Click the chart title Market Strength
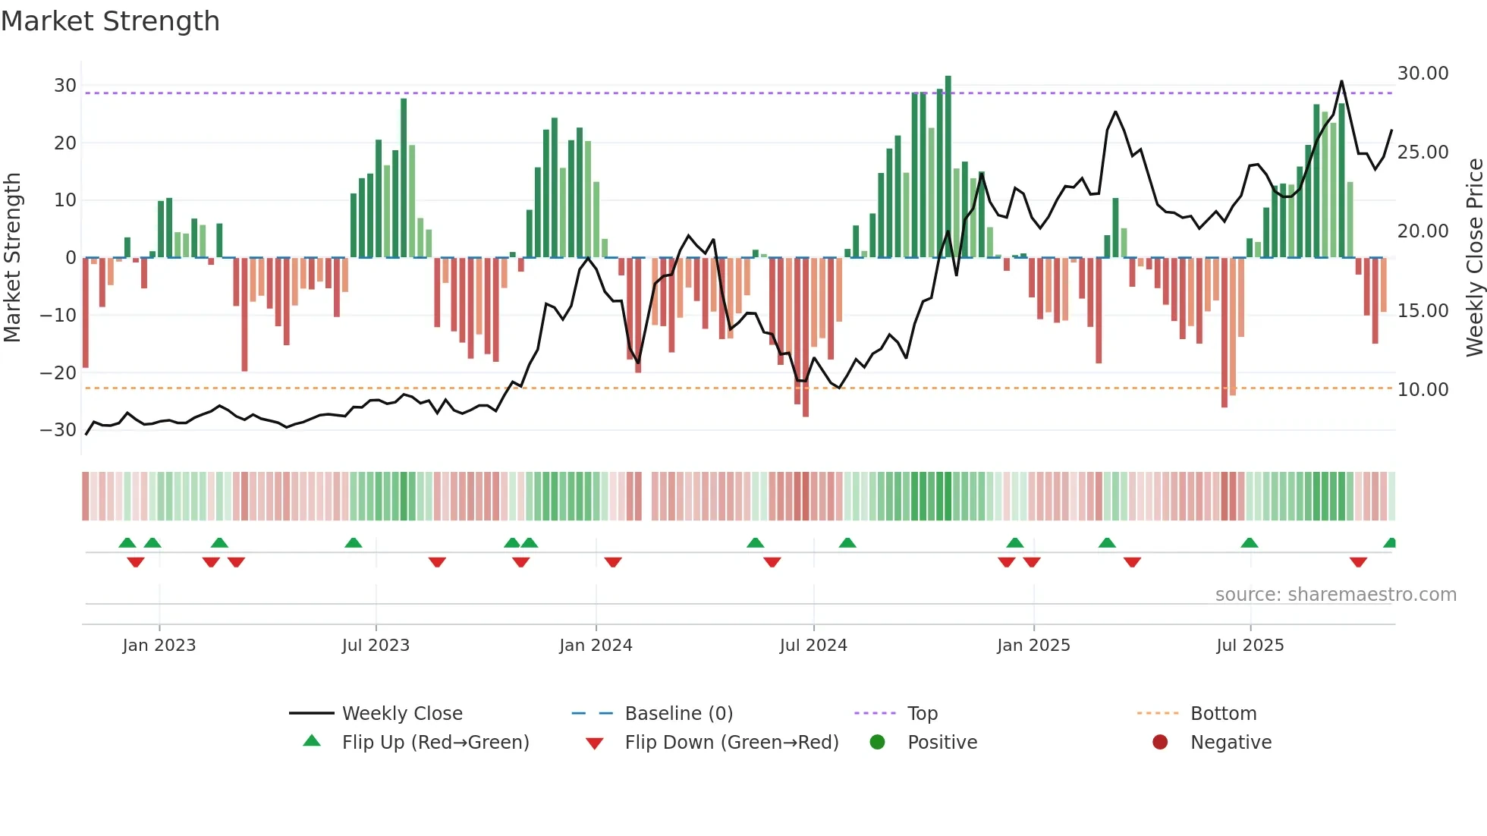(110, 21)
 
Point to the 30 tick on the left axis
(65, 86)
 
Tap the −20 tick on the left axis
(58, 372)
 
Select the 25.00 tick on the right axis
(1423, 152)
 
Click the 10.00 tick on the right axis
(1423, 390)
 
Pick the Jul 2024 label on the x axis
(813, 646)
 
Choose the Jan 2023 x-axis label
(159, 646)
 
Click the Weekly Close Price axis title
(1474, 258)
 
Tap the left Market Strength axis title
(12, 258)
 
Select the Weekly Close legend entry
(402, 714)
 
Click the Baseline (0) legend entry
(678, 714)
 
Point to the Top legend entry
(923, 714)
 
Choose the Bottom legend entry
(1223, 714)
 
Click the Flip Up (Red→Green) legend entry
(435, 743)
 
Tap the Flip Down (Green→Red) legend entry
(731, 743)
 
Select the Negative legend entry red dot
(1160, 743)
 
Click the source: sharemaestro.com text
(1335, 595)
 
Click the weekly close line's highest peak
(1341, 82)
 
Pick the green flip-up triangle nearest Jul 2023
(354, 542)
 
